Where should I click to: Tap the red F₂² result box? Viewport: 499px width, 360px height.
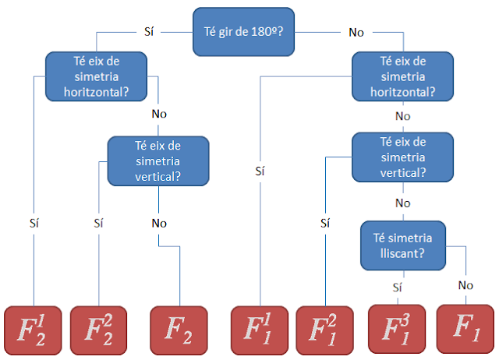coord(99,329)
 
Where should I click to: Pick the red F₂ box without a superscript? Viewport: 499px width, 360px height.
coord(179,329)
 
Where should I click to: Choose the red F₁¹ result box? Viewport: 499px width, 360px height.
coord(260,329)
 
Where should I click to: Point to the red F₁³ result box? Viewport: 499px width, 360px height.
coord(397,329)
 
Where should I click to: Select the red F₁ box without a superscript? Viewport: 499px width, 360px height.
coord(465,329)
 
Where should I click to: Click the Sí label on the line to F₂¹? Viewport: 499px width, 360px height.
coord(34,222)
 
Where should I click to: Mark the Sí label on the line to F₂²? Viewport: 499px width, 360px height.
coord(98,222)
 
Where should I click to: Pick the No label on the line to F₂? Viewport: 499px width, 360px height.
coord(159,222)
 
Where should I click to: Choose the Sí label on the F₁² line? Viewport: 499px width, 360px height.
coord(325,222)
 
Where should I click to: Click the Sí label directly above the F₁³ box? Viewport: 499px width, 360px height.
coord(397,288)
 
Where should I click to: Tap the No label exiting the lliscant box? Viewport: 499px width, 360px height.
coord(465,285)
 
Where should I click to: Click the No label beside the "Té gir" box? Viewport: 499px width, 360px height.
coord(356,32)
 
